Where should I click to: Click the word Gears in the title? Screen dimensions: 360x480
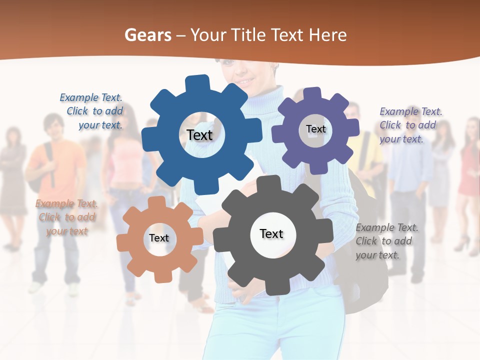point(147,35)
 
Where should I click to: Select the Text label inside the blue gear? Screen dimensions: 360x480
point(199,135)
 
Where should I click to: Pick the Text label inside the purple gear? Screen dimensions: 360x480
point(315,129)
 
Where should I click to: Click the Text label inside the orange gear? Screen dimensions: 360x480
point(159,238)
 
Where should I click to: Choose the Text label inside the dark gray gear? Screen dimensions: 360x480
point(271,233)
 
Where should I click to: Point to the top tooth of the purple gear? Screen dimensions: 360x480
point(312,94)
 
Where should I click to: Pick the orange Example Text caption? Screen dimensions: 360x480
point(66,217)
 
